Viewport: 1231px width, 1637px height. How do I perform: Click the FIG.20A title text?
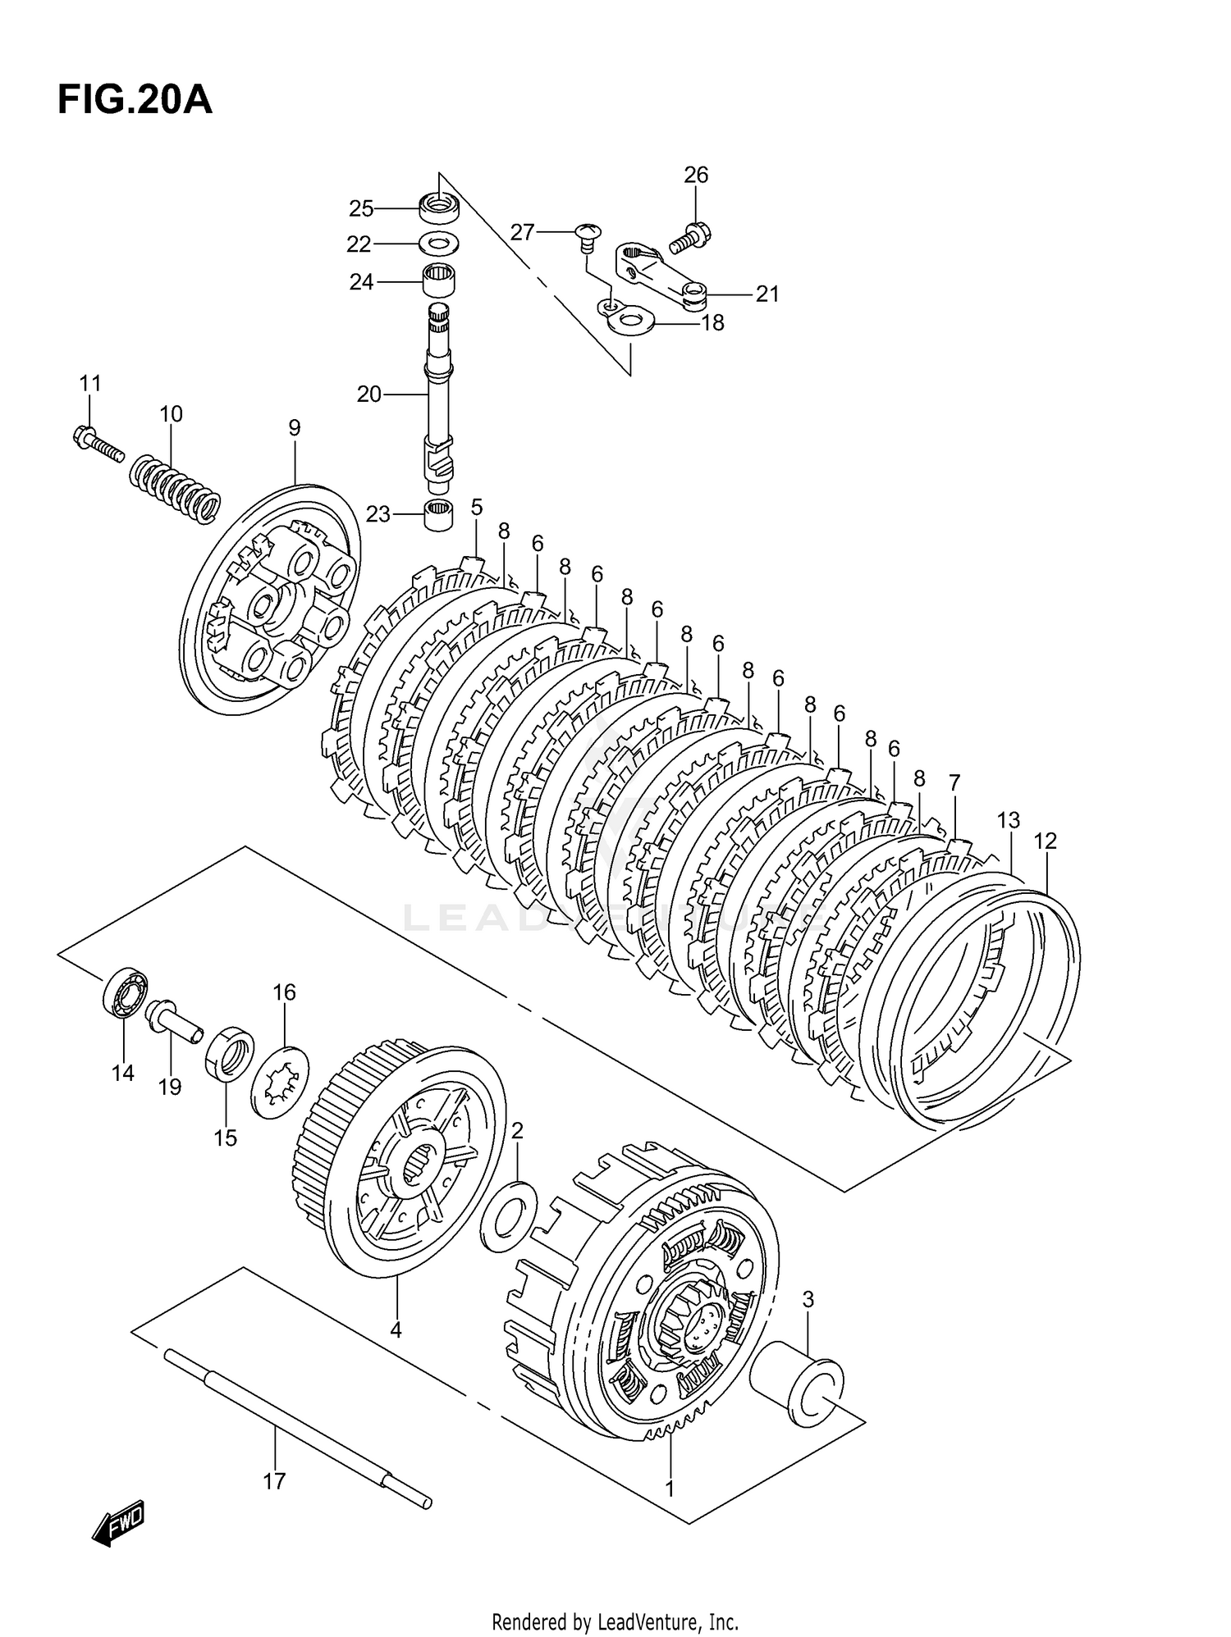coord(135,100)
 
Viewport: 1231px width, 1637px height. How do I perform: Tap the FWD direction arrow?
coord(119,1524)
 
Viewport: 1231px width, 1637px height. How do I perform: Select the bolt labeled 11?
coord(96,440)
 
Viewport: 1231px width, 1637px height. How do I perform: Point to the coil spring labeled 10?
coord(176,490)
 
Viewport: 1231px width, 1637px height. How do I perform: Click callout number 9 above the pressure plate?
coord(295,427)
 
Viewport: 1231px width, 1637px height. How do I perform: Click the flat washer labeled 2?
coord(509,1216)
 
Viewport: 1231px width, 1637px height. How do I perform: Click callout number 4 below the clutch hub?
coord(396,1329)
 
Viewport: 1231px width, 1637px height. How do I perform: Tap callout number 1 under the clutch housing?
coord(670,1488)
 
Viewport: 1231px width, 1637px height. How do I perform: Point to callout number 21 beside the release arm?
coord(767,294)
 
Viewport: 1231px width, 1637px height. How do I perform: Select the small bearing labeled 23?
coord(438,515)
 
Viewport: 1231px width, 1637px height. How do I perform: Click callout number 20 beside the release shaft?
coord(368,394)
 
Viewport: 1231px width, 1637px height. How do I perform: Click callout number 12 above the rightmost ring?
coord(1045,841)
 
